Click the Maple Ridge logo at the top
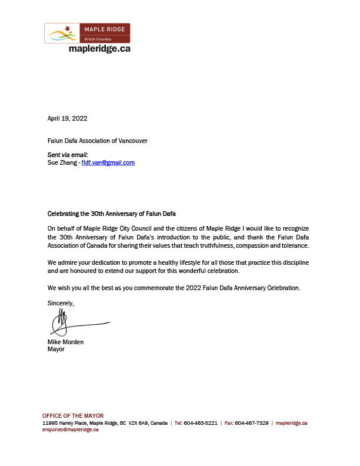pos(87,33)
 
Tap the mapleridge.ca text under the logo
pos(99,49)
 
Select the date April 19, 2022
pos(67,118)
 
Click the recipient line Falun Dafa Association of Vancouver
pos(97,141)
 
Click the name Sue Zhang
pos(61,162)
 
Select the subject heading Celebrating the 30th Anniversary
pos(111,213)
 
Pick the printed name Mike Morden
pos(65,342)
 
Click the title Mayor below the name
pos(55,349)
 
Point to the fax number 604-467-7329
pos(254,423)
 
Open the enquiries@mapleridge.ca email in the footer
pos(70,430)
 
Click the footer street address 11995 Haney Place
pos(64,423)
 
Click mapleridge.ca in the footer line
pos(292,423)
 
